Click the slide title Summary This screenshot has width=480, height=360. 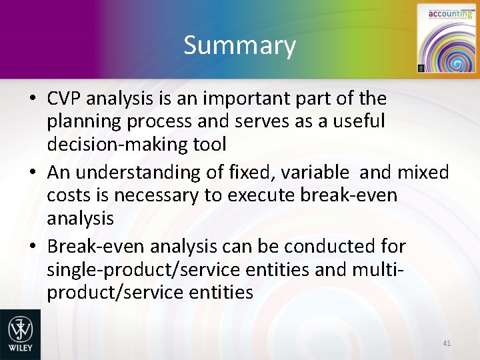click(239, 45)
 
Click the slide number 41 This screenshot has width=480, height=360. click(447, 343)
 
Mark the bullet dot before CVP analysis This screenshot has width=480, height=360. click(32, 99)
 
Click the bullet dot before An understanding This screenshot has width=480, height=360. click(32, 173)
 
